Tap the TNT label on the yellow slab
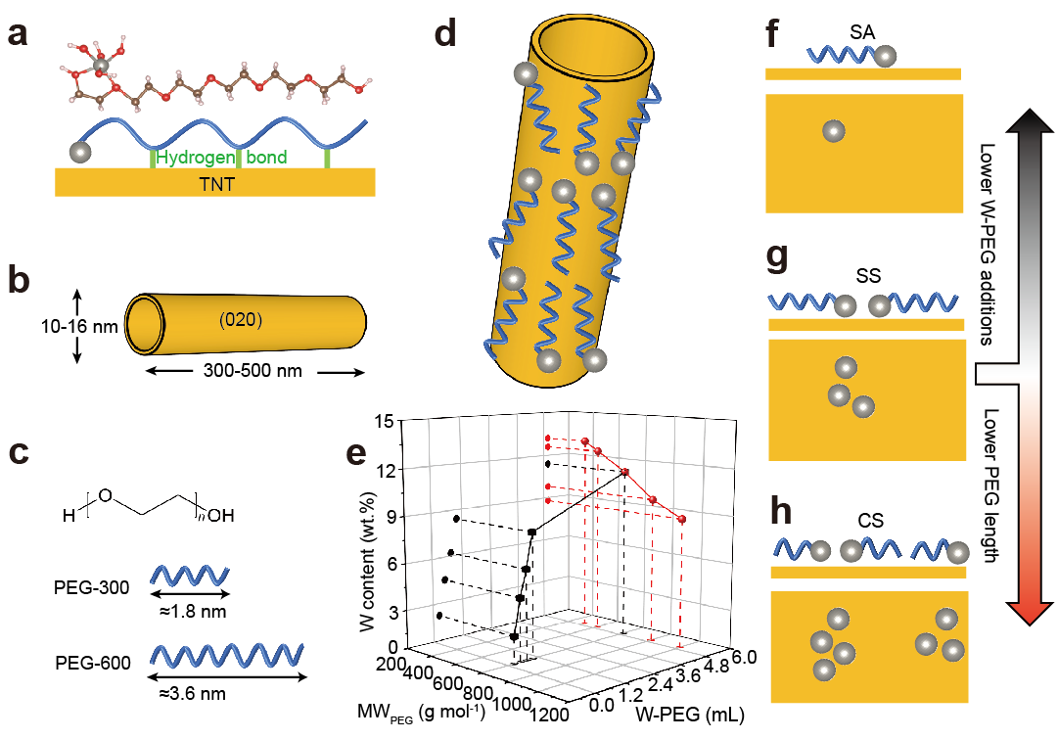tap(214, 182)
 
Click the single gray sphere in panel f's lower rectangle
tap(834, 131)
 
